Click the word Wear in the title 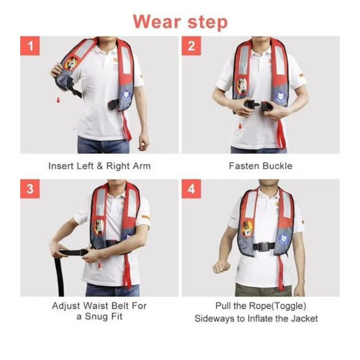pyautogui.click(x=157, y=22)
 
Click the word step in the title pyautogui.click(x=207, y=23)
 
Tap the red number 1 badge pyautogui.click(x=30, y=46)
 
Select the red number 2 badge pyautogui.click(x=191, y=46)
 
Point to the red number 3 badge pyautogui.click(x=30, y=189)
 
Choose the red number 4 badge pyautogui.click(x=191, y=189)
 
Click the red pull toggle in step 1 pyautogui.click(x=58, y=100)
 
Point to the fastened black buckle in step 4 pyautogui.click(x=264, y=247)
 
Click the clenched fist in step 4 pyautogui.click(x=221, y=267)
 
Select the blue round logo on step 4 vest pyautogui.click(x=283, y=239)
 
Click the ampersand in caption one pyautogui.click(x=99, y=166)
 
